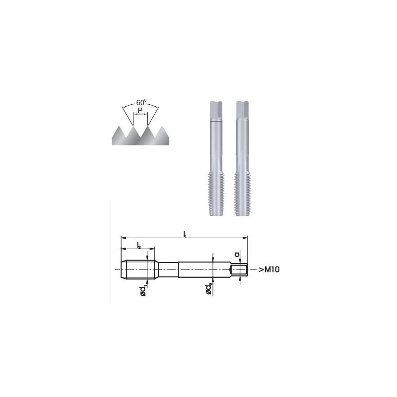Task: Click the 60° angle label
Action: click(x=141, y=102)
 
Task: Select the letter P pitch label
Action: click(x=140, y=110)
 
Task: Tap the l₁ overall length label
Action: click(x=185, y=234)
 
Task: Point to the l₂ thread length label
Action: click(x=139, y=245)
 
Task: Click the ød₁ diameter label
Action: click(x=143, y=291)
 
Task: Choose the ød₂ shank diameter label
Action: click(x=208, y=289)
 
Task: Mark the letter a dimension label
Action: click(x=237, y=254)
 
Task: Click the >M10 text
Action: click(x=269, y=269)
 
